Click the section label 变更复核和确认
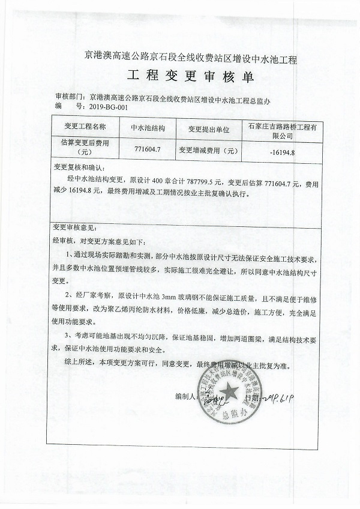(79, 166)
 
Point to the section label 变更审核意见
(74, 227)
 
